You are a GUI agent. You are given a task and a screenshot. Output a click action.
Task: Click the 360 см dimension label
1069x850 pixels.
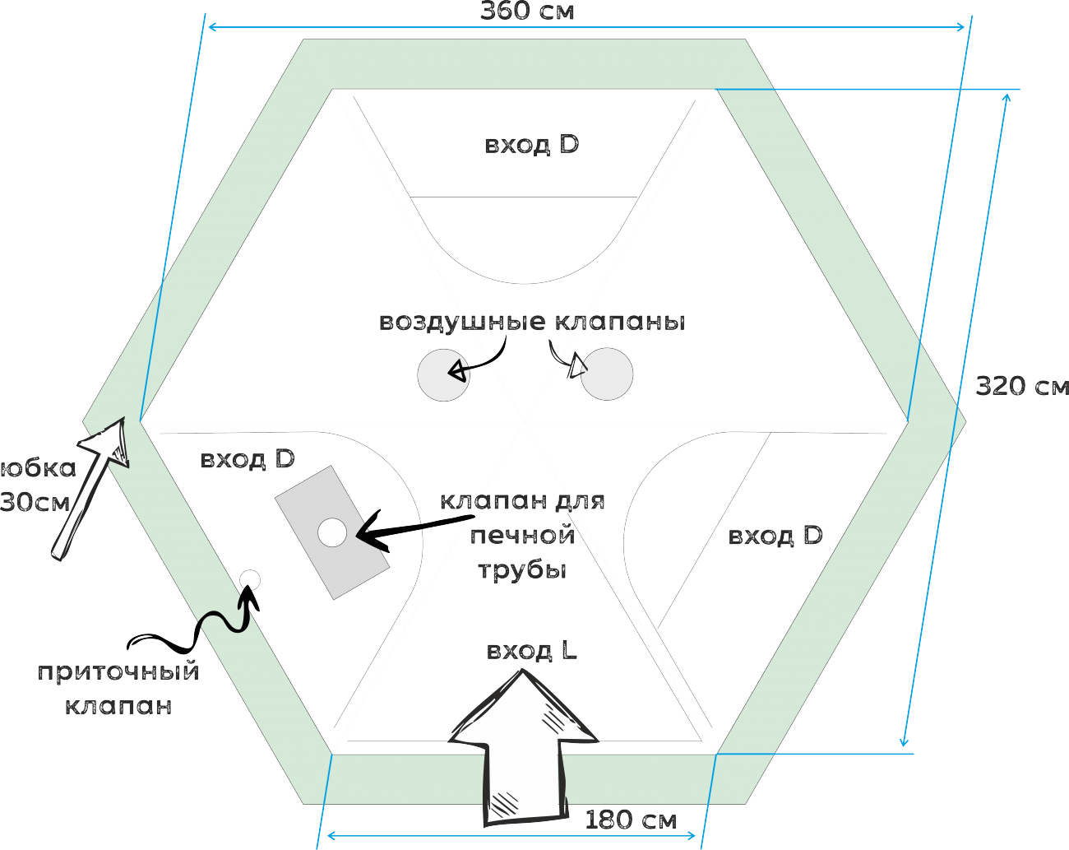tap(526, 11)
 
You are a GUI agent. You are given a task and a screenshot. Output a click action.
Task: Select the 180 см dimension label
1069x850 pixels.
tap(630, 820)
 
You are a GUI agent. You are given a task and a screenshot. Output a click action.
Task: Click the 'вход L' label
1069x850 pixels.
tap(531, 652)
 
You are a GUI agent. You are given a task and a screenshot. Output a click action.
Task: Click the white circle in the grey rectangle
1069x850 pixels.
tap(332, 532)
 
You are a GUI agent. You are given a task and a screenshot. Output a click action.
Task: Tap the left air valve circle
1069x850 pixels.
tap(443, 375)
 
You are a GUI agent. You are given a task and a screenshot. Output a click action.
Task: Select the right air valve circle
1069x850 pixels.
tap(607, 375)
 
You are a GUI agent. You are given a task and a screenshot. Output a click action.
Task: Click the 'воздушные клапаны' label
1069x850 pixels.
tap(532, 322)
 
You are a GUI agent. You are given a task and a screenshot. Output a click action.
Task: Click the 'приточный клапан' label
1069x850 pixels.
tap(118, 688)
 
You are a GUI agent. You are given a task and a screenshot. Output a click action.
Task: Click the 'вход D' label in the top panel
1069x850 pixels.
tap(531, 145)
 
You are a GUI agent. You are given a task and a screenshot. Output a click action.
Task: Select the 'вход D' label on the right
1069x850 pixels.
tap(775, 536)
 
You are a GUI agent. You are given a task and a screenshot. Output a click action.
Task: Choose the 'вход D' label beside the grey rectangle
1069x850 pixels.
tap(248, 459)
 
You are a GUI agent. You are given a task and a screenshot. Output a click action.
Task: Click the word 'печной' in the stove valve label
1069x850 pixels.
tap(521, 536)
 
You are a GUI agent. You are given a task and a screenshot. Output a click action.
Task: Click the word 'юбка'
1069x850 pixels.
tap(39, 468)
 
